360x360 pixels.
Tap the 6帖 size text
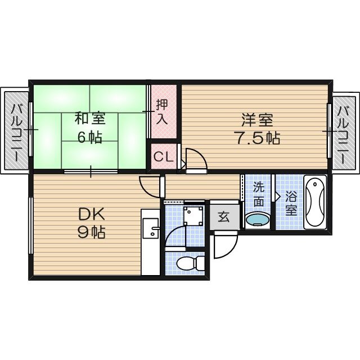[x=89, y=137]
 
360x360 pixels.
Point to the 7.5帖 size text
[x=257, y=138]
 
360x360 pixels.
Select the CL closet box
[x=164, y=156]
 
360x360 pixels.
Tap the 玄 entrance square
[x=223, y=217]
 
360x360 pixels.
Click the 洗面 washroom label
[x=258, y=193]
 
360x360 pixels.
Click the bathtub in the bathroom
[x=315, y=202]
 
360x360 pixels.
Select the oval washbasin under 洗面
[x=258, y=220]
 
